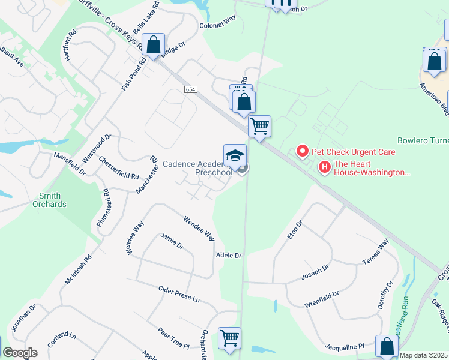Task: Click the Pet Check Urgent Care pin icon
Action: [x=303, y=152]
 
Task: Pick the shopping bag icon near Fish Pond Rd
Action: [x=154, y=45]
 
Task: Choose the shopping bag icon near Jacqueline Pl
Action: [x=387, y=347]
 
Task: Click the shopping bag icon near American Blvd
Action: [x=434, y=61]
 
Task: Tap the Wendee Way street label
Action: [x=199, y=227]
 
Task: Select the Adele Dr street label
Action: [x=228, y=256]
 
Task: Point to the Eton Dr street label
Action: [x=295, y=230]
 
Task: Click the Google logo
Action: [x=20, y=353]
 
